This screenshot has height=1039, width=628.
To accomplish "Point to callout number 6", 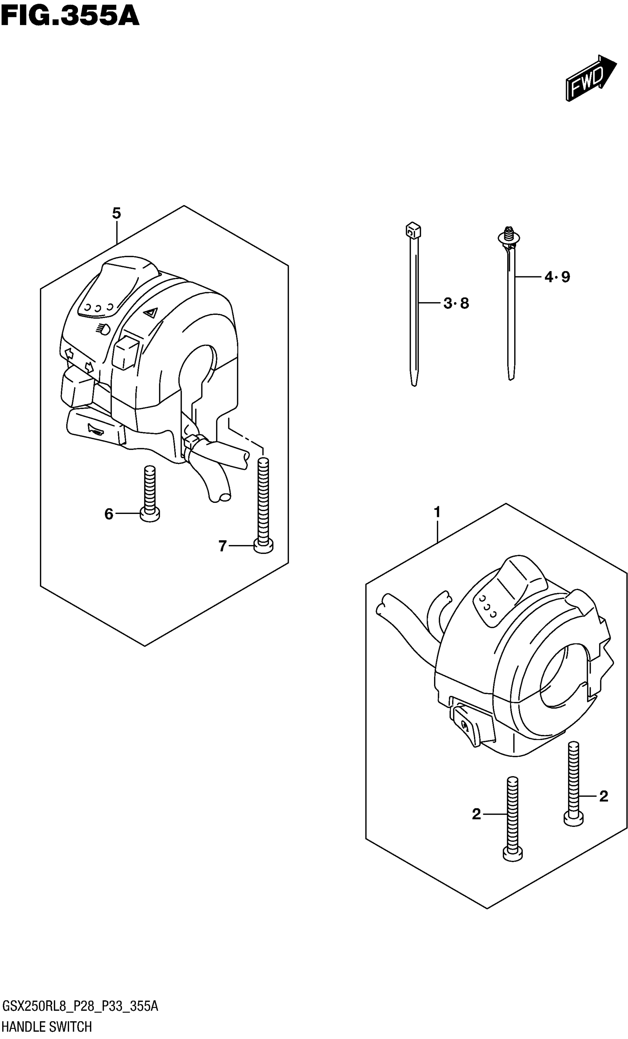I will [109, 514].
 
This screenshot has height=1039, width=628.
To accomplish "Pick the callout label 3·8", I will [456, 303].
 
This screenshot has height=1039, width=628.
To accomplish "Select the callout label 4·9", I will [557, 277].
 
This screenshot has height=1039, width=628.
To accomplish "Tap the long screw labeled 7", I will [263, 506].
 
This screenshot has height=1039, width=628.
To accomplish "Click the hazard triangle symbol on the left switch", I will [150, 313].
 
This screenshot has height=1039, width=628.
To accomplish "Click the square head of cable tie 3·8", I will [413, 230].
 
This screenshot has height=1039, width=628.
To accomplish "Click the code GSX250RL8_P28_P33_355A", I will [80, 1006].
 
